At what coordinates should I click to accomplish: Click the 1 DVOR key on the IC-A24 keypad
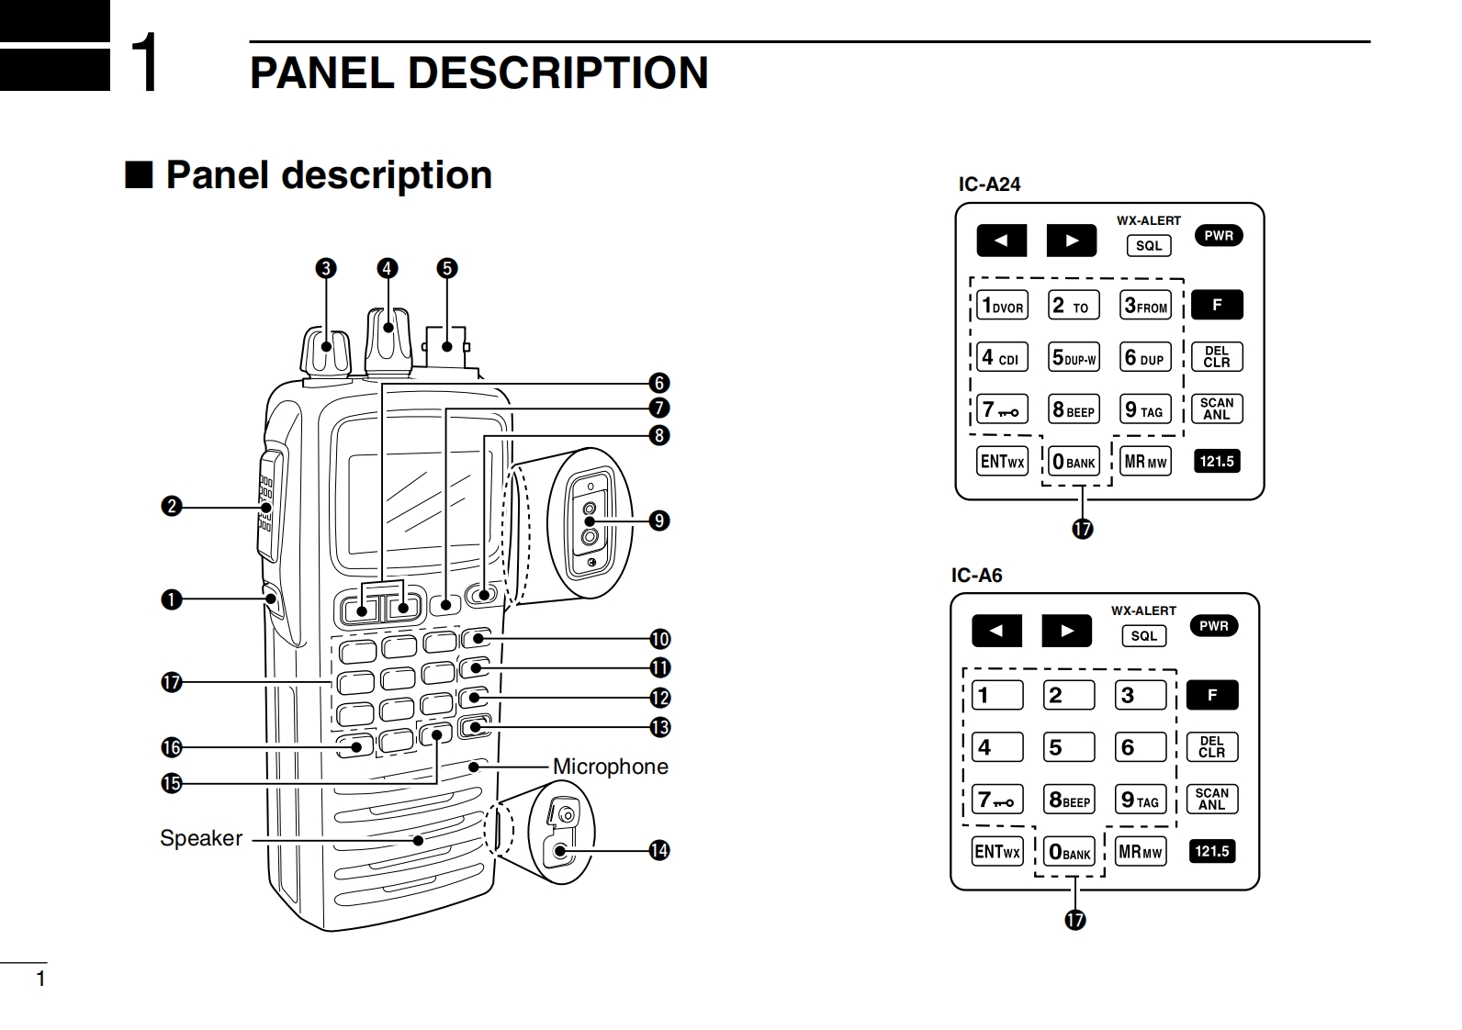(1001, 306)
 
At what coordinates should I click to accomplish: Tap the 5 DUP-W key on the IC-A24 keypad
(1074, 357)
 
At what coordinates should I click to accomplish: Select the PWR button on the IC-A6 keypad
(1213, 626)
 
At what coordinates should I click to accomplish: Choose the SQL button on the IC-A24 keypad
(1149, 246)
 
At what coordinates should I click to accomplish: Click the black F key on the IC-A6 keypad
(1211, 695)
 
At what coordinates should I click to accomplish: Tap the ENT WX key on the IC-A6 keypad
(996, 852)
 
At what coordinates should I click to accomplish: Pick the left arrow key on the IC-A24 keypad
(1001, 241)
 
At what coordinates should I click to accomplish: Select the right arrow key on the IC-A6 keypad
(1066, 631)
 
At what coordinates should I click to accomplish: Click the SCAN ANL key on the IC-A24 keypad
(1217, 409)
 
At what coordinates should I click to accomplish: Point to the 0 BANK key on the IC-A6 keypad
(1070, 852)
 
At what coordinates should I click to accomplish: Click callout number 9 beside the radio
(658, 521)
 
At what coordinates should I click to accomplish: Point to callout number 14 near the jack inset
(658, 850)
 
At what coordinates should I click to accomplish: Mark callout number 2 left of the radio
(171, 506)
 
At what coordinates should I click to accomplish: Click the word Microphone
(610, 767)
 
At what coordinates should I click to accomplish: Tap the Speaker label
(201, 838)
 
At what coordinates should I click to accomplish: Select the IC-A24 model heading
(989, 184)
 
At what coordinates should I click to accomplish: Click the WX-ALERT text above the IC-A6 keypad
(1143, 610)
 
